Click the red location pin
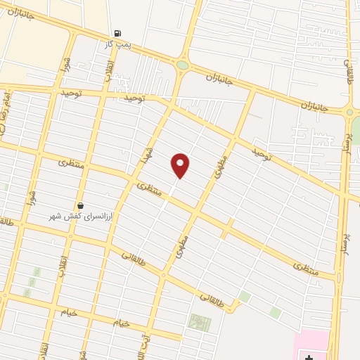click(x=180, y=165)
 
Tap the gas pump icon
click(x=117, y=33)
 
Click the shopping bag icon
click(x=81, y=205)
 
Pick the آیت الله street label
click(x=146, y=342)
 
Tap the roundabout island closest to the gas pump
click(x=183, y=65)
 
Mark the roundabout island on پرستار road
click(x=349, y=112)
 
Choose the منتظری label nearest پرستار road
click(x=306, y=268)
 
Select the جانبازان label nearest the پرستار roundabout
click(x=315, y=106)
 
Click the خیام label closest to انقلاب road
click(x=68, y=312)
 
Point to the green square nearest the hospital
click(x=275, y=312)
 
